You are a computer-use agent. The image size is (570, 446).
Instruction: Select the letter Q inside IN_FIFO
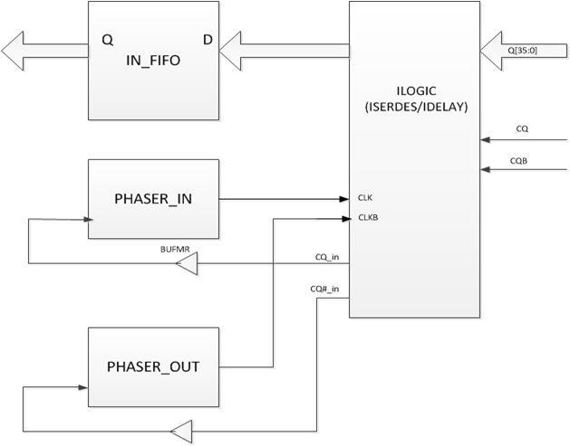pyautogui.click(x=108, y=40)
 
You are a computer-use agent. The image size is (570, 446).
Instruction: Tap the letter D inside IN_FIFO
pyautogui.click(x=208, y=40)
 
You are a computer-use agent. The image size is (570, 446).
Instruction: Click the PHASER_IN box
pyautogui.click(x=153, y=199)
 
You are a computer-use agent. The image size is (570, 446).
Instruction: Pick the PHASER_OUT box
pyautogui.click(x=153, y=367)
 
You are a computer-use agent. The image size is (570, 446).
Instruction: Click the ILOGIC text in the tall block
pyautogui.click(x=413, y=87)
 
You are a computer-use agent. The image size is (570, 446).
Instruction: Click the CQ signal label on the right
pyautogui.click(x=522, y=129)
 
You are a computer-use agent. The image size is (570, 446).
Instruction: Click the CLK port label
pyautogui.click(x=366, y=197)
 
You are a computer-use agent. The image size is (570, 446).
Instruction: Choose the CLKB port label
pyautogui.click(x=368, y=217)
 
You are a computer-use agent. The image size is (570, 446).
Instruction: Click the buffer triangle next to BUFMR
pyautogui.click(x=187, y=264)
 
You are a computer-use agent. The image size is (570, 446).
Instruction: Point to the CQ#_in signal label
pyautogui.click(x=324, y=289)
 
